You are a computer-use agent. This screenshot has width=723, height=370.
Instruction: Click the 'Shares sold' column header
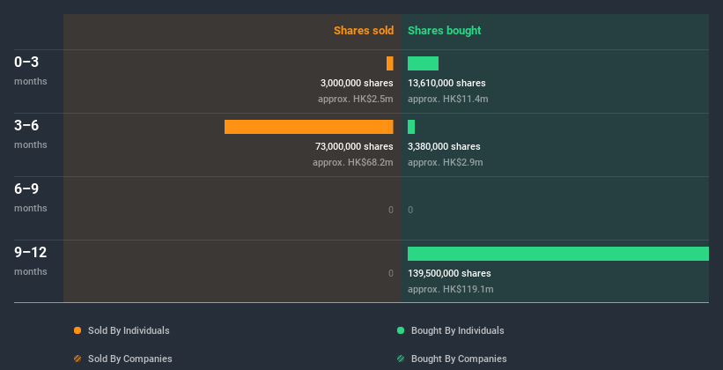click(x=363, y=31)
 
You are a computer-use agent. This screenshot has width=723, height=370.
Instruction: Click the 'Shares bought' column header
click(x=444, y=31)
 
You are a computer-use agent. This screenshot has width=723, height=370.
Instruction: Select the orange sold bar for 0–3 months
click(x=389, y=63)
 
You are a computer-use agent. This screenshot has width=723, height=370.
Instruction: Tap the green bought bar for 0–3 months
click(x=423, y=63)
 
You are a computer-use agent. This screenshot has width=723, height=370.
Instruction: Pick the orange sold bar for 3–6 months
click(x=308, y=127)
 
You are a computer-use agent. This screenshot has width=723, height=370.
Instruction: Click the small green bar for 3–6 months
click(x=411, y=127)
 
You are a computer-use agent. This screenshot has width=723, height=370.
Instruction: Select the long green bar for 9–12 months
click(x=557, y=254)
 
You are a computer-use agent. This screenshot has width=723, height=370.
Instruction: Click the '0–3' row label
click(x=26, y=62)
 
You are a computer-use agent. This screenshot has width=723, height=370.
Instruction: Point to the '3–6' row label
click(x=26, y=125)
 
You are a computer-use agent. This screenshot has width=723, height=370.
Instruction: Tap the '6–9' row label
click(x=26, y=189)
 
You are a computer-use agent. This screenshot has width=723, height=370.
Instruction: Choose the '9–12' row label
click(x=31, y=252)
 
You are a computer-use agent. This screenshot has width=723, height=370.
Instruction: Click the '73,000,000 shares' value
click(x=354, y=146)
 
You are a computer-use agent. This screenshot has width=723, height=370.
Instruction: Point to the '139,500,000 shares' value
click(x=449, y=273)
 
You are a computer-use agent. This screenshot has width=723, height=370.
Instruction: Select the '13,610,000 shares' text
click(x=446, y=83)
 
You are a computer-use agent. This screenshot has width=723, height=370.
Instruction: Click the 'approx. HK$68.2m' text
click(x=352, y=162)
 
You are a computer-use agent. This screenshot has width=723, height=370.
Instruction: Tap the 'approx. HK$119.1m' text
click(x=450, y=289)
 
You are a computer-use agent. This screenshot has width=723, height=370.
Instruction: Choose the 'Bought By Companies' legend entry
click(x=459, y=359)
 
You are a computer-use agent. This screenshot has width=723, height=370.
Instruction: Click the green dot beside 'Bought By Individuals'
click(x=401, y=330)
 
